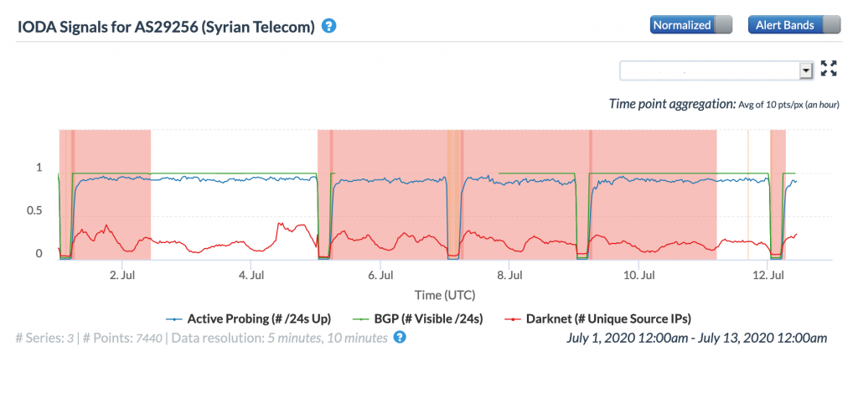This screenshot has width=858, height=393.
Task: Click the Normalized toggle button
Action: [x=690, y=25]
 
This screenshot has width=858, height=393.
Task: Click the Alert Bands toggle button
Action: [x=793, y=25]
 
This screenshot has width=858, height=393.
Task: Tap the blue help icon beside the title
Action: [x=329, y=26]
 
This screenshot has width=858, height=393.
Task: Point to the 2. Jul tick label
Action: [x=122, y=274]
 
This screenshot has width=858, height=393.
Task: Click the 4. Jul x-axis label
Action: [x=251, y=274]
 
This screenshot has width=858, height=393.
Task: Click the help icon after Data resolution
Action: [x=400, y=338]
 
